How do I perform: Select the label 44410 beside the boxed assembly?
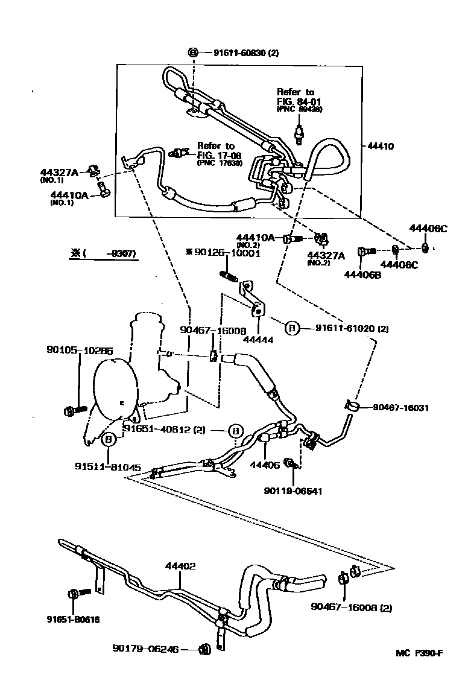[380, 146]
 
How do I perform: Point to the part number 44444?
[258, 340]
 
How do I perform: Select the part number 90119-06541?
[293, 490]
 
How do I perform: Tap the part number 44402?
[181, 566]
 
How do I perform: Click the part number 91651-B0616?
[73, 619]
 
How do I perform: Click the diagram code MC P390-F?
[419, 653]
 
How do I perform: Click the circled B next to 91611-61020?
[292, 328]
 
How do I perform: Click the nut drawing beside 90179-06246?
[204, 649]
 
